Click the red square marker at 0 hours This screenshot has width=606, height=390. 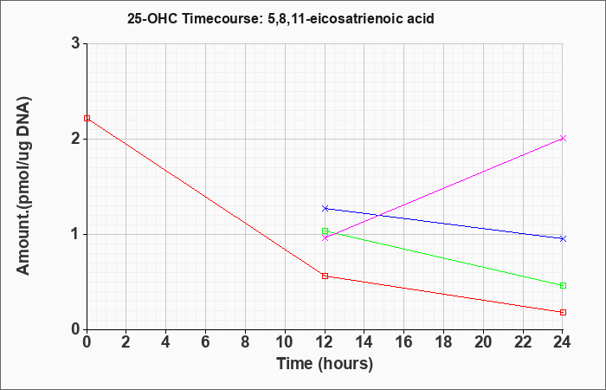click(x=87, y=118)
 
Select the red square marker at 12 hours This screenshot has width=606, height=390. click(x=325, y=276)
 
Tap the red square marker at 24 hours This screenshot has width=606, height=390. click(x=563, y=312)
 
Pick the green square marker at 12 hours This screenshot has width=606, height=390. click(x=325, y=231)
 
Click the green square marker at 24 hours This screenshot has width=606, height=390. click(x=563, y=285)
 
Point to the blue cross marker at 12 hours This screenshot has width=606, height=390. click(x=325, y=209)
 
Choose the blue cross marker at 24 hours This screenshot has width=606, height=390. click(x=563, y=238)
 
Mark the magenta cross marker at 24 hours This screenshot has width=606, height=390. click(x=563, y=138)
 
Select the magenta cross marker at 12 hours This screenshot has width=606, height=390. click(x=325, y=238)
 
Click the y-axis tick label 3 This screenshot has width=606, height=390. click(x=75, y=43)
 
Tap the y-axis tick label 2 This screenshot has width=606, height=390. click(x=75, y=139)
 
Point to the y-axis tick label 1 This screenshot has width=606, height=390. click(x=75, y=235)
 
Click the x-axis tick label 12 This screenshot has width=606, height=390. click(x=325, y=342)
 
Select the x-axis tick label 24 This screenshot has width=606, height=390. click(x=563, y=342)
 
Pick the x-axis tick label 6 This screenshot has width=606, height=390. click(x=206, y=342)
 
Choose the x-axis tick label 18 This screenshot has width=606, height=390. click(x=443, y=342)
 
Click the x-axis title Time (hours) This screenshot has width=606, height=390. click(x=325, y=364)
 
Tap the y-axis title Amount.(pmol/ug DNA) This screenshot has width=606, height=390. click(x=24, y=185)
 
